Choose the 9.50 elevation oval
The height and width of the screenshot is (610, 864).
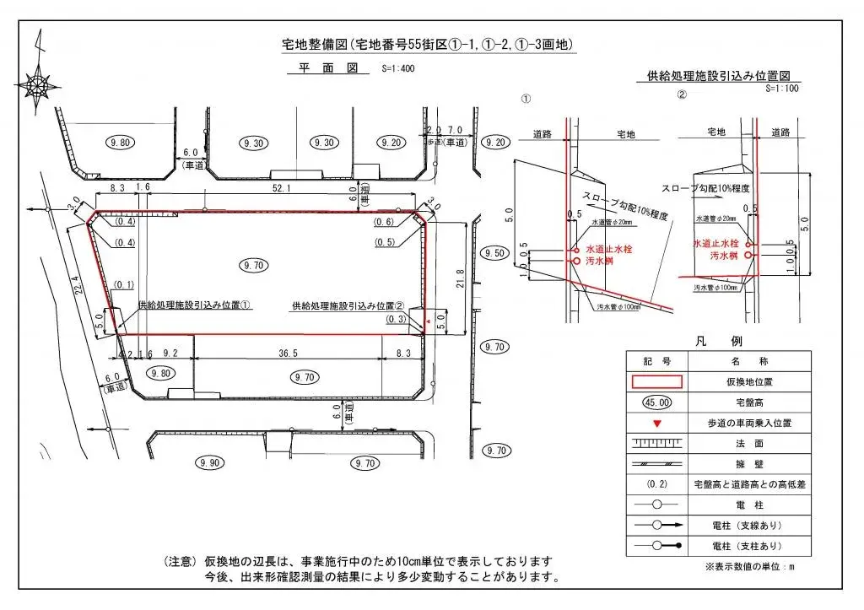494,253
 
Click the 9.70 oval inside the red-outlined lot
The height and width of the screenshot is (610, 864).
253,264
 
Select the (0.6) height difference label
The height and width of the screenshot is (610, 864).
384,222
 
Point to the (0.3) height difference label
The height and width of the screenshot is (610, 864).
396,319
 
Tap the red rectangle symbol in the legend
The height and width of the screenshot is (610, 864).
656,381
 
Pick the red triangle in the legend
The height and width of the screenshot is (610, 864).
656,422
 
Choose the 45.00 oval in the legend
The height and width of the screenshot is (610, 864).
656,402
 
